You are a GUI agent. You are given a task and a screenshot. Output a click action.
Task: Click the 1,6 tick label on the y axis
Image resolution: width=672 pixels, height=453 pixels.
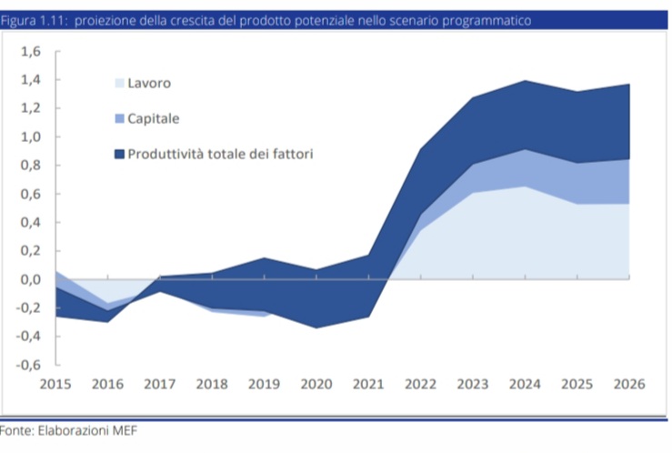coord(31,52)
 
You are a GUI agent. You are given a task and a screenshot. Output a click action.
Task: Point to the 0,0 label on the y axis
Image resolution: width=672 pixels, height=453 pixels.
coord(31,279)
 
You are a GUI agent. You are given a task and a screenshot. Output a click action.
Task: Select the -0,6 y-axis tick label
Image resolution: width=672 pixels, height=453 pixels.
coord(28,365)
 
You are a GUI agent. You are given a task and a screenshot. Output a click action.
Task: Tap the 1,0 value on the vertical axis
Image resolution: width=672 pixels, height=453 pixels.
coord(31,137)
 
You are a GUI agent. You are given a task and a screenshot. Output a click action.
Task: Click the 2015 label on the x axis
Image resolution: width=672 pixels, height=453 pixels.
coord(55,384)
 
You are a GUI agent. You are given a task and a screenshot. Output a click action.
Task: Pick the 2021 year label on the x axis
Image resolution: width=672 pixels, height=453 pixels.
coord(368,384)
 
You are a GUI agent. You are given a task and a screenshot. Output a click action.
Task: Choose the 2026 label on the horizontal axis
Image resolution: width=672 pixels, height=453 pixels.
coord(629,384)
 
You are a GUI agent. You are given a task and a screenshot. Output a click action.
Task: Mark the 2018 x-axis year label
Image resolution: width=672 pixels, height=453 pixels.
coord(212,384)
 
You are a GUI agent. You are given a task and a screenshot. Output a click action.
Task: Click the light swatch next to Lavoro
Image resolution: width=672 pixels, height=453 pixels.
coord(119,83)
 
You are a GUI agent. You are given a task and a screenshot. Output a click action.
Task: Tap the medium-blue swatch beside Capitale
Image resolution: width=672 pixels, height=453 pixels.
coord(119,118)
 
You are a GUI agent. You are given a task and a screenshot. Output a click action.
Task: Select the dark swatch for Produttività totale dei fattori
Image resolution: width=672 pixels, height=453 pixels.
coord(119,154)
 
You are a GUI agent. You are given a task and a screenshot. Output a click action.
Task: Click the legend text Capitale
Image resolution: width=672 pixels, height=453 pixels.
coord(154,118)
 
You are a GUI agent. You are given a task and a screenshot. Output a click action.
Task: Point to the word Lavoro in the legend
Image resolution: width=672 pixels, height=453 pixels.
coord(149,83)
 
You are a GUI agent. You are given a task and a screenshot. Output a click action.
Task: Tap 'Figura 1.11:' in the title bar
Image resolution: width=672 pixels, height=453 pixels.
coord(35,21)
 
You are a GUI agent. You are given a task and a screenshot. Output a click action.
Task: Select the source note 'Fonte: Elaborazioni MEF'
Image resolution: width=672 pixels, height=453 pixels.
coord(68,430)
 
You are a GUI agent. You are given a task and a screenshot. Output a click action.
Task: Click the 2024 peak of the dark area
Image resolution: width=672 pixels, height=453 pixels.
coord(525,81)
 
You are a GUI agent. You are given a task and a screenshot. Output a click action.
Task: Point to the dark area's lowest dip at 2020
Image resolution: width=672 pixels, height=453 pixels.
coord(316,327)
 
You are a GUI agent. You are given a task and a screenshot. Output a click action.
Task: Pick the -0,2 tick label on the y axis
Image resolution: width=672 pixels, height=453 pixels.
coord(28,307)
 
